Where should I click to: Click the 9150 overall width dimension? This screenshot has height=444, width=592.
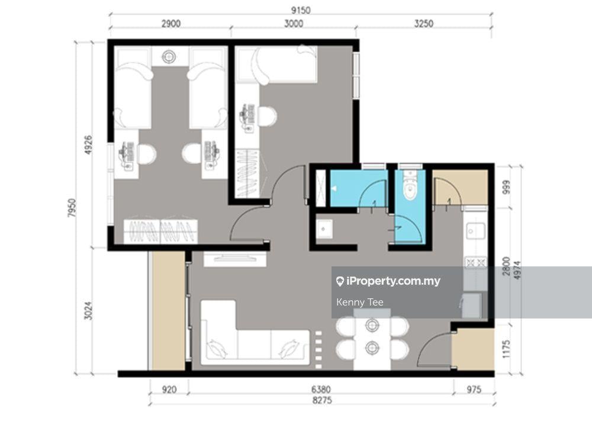pyautogui.click(x=301, y=10)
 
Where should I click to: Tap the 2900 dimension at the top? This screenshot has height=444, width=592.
pyautogui.click(x=171, y=24)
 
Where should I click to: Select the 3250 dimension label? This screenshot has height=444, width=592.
pyautogui.click(x=424, y=24)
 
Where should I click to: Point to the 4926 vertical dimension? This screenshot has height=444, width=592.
pyautogui.click(x=88, y=145)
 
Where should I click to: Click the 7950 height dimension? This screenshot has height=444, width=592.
pyautogui.click(x=72, y=208)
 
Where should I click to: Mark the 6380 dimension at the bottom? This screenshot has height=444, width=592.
pyautogui.click(x=321, y=390)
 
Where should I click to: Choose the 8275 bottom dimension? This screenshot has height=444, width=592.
pyautogui.click(x=322, y=400)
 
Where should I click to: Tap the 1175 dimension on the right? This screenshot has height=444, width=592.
pyautogui.click(x=506, y=349)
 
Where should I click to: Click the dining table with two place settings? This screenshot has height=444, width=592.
pyautogui.click(x=372, y=339)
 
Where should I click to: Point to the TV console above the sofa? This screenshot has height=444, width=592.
pyautogui.click(x=235, y=259)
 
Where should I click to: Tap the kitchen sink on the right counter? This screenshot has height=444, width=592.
pyautogui.click(x=476, y=231)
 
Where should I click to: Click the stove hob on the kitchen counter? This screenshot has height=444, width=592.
pyautogui.click(x=476, y=262)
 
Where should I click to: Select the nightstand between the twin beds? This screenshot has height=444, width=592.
pyautogui.click(x=169, y=57)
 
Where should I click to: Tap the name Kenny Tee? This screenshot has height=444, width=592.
pyautogui.click(x=360, y=303)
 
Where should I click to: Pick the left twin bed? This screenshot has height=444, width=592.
pyautogui.click(x=133, y=88)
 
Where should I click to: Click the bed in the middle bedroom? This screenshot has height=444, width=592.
pyautogui.click(x=276, y=64)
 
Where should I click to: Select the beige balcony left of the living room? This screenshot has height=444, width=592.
pyautogui.click(x=168, y=311)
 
